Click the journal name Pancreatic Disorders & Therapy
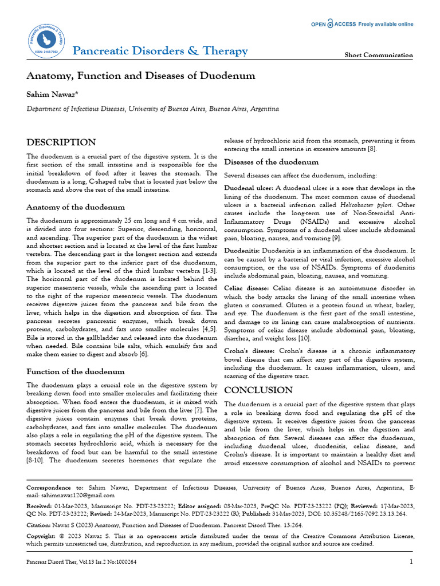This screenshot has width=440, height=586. click(x=160, y=51)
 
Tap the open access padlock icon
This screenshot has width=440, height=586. click(x=330, y=24)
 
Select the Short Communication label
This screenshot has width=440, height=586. click(x=378, y=56)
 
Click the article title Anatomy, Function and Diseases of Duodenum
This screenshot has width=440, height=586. click(x=141, y=76)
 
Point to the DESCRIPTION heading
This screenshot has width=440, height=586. click(x=61, y=142)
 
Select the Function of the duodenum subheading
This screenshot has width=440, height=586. click(x=76, y=371)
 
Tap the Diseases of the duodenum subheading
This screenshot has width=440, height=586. click(x=271, y=162)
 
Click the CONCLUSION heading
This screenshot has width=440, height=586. click(x=258, y=390)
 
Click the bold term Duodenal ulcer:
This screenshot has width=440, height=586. click(x=249, y=188)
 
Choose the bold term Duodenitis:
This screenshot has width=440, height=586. click(x=242, y=251)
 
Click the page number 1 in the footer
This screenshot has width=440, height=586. click(x=411, y=562)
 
